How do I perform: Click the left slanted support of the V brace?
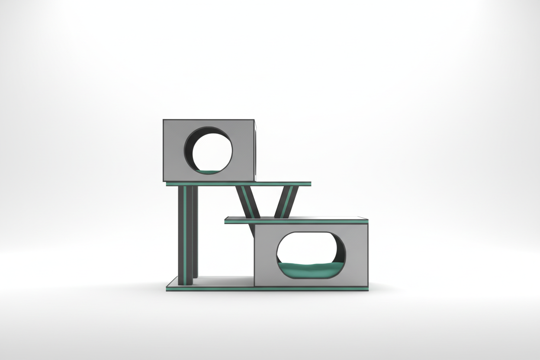(248, 202)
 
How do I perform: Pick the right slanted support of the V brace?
(285, 202)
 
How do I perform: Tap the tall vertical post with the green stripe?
(185, 234)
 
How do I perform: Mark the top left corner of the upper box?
(164, 120)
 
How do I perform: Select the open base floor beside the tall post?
(225, 281)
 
